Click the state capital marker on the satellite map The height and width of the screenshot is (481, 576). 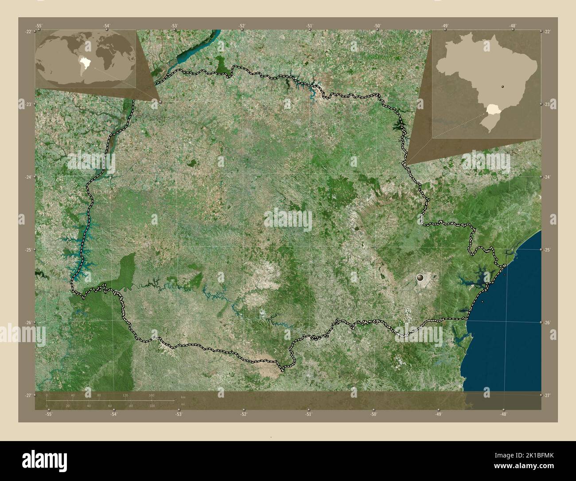pos(420,278)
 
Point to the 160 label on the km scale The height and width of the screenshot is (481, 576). pos(152,395)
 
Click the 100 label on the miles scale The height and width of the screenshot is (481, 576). pos(152,406)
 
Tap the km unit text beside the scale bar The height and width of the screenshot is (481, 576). pos(183,397)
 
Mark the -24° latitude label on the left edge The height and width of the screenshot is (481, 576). pos(28,177)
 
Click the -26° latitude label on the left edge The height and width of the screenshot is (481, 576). pos(28,323)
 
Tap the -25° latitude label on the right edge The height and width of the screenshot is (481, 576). pos(547,250)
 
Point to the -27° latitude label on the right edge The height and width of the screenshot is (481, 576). pos(547,395)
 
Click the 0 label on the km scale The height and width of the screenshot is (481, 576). pos(47,395)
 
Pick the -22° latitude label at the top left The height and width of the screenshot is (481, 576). pos(28,32)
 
